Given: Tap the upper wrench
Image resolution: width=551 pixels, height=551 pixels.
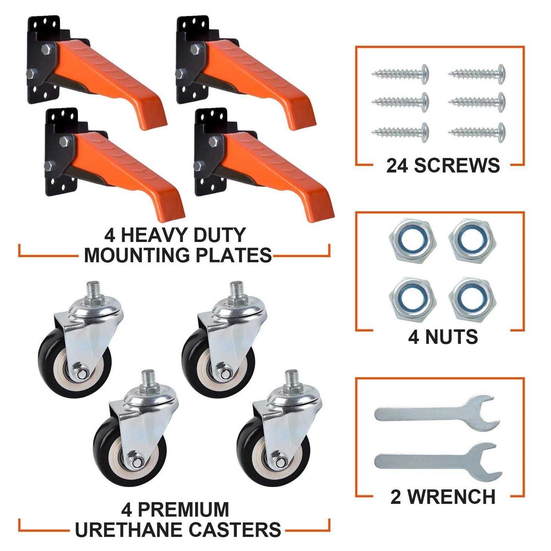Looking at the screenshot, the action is click(437, 413).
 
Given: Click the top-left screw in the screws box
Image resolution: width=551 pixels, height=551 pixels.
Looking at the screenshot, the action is click(401, 74).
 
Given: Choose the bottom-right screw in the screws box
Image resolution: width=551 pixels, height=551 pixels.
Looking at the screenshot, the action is click(477, 132).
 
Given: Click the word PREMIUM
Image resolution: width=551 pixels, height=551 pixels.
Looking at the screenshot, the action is click(183, 510).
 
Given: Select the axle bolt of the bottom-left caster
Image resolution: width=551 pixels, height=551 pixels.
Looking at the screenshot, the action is click(137, 462).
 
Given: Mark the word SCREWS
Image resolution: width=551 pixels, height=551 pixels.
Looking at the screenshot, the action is click(457, 166).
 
